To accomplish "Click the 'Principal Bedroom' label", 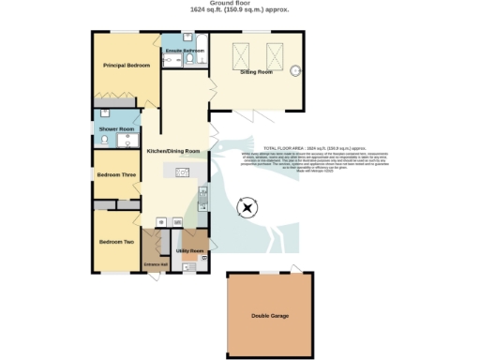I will click(x=127, y=66).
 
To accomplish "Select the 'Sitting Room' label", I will click(x=256, y=71).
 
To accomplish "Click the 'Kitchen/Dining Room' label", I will click(x=173, y=151).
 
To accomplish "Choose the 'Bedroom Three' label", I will click(x=117, y=174).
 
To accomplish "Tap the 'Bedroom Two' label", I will click(x=116, y=243).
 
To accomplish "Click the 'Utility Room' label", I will click(x=190, y=251).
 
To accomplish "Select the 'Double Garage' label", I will click(x=271, y=316).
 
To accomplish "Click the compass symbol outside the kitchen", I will click(x=247, y=207).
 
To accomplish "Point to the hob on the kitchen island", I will click(x=183, y=172).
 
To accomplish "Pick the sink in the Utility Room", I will click(x=190, y=266).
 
